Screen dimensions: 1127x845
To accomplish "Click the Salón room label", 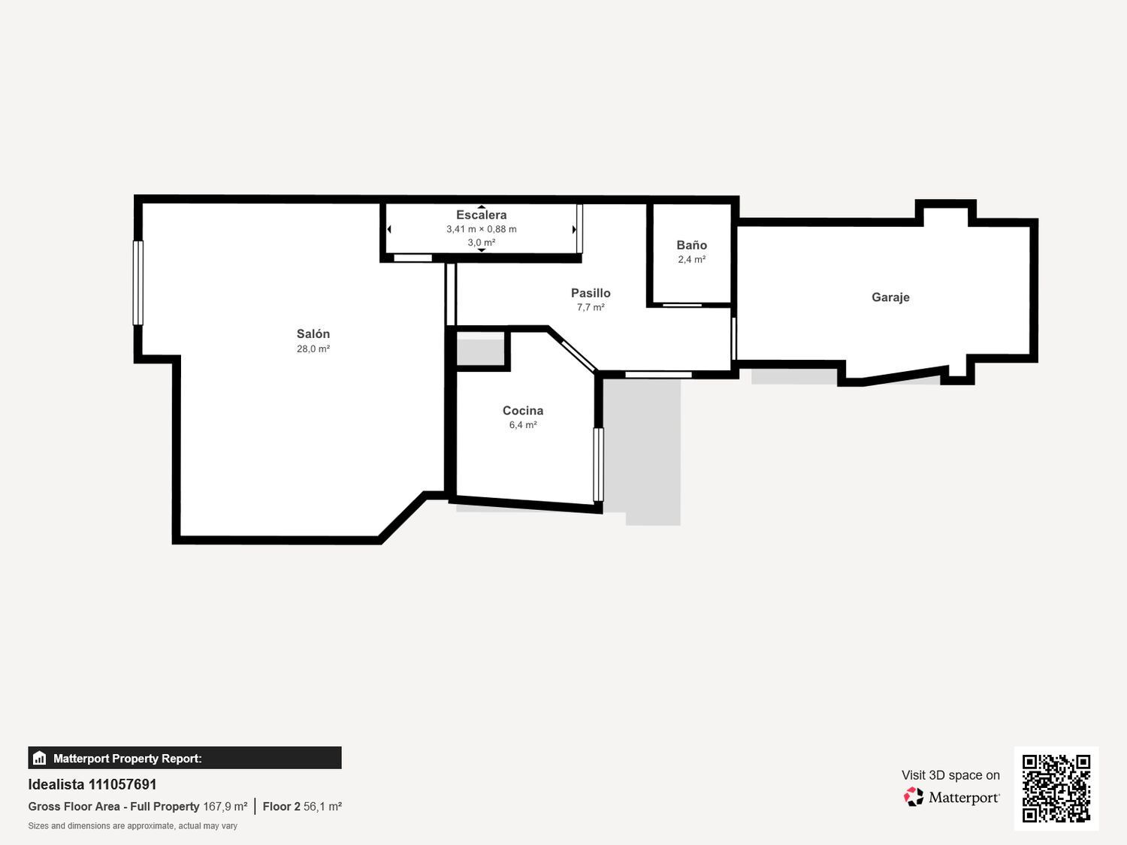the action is [313, 334].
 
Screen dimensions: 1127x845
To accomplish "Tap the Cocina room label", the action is [523, 410].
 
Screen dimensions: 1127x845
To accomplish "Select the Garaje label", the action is [890, 297].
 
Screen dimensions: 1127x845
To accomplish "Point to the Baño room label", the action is [692, 246].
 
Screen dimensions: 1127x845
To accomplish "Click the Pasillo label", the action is [591, 293].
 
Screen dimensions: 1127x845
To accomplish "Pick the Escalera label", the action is [481, 215].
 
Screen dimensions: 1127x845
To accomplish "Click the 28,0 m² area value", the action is [313, 349].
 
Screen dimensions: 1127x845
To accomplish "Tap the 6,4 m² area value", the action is [523, 425].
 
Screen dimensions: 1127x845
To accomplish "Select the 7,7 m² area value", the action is [591, 307].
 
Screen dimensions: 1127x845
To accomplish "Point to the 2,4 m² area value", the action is [692, 260].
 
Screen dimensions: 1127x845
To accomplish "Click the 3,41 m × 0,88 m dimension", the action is [481, 229].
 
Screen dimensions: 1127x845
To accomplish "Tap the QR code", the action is [1056, 789].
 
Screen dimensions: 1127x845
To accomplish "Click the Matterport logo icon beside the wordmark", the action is [914, 797].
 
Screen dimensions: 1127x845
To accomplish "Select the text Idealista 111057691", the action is [92, 784].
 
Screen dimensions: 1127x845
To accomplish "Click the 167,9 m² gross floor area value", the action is [225, 807].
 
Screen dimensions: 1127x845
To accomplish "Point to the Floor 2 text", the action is [281, 807].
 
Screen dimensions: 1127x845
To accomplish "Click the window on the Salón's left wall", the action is [137, 282].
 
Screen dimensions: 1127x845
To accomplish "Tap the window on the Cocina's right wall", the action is [598, 465].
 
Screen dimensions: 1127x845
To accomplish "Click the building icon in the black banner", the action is [40, 758].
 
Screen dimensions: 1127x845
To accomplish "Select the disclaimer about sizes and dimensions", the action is [132, 826].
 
